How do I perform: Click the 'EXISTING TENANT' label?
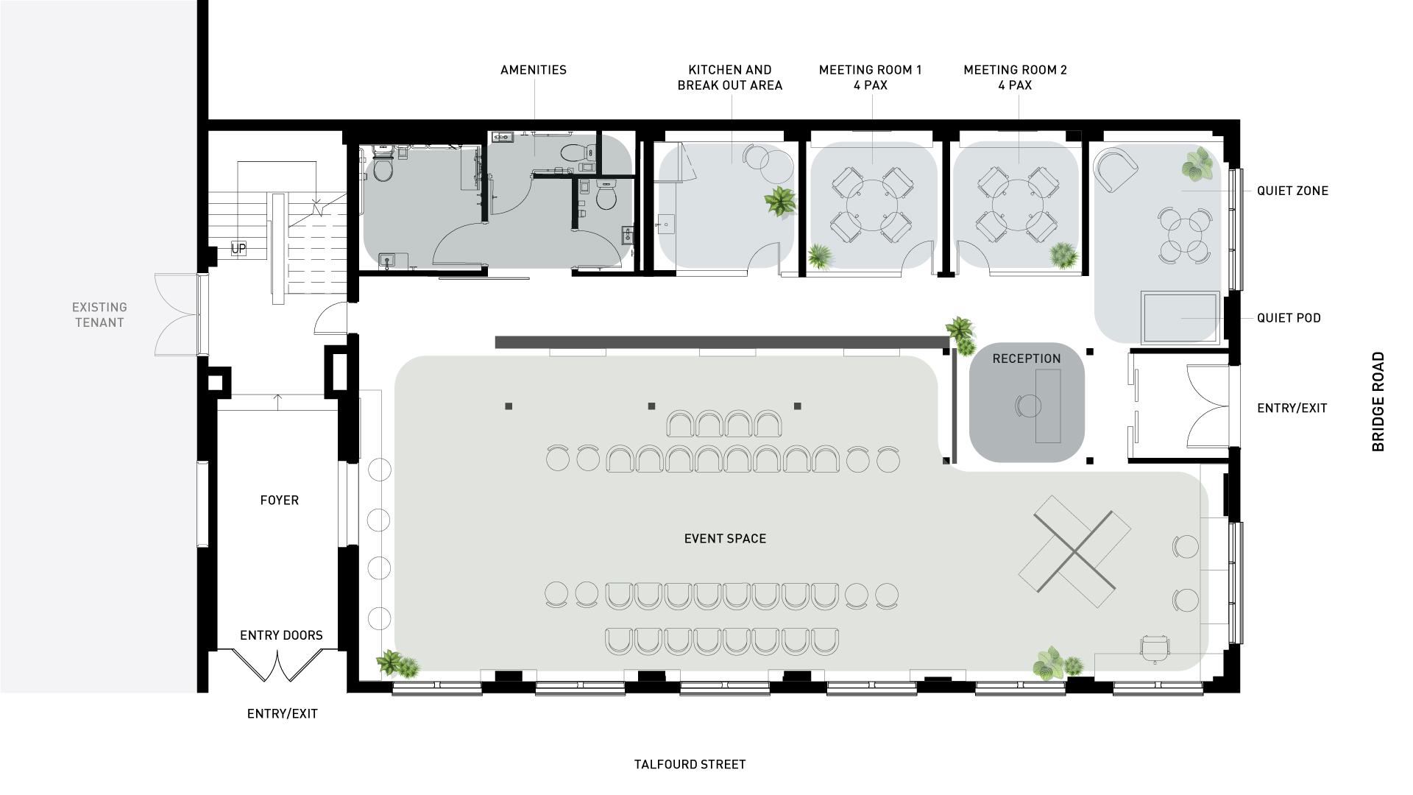[99, 314]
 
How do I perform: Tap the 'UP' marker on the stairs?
[238, 249]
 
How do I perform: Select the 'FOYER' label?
[280, 501]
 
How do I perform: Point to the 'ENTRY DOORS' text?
[281, 635]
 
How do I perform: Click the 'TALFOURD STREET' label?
[690, 765]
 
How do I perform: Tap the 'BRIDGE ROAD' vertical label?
[1378, 402]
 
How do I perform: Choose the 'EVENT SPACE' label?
[726, 539]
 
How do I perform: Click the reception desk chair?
[1028, 406]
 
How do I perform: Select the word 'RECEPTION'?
[1027, 358]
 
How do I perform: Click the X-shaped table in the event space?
[1075, 551]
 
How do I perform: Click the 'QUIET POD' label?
[1289, 318]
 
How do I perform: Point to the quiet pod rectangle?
[1180, 317]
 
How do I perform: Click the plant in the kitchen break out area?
[780, 201]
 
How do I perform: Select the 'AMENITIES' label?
[534, 70]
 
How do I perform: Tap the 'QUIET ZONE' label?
[1292, 191]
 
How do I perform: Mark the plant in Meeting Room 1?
[820, 256]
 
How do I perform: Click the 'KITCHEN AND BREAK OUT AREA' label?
[730, 77]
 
